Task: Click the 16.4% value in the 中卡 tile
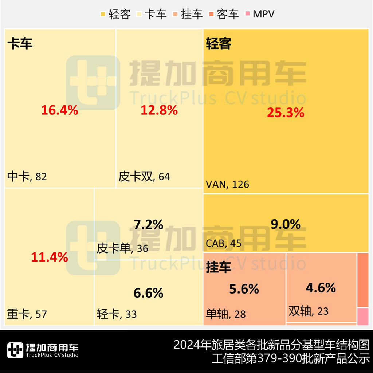59,110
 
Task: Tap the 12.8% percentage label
159,110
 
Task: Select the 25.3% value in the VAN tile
286,113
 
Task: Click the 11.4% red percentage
50,258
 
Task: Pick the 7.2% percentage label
148,225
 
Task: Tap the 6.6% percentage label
148,293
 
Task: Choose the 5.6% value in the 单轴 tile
244,289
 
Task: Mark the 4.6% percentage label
321,288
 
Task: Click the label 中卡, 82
27,177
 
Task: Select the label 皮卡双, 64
144,177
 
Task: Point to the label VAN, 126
228,184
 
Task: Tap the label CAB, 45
224,243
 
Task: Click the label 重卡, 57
27,314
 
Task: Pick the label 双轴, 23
309,311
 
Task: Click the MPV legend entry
260,14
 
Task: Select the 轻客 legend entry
116,14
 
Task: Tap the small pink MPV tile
362,316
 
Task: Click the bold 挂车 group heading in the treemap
219,268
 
